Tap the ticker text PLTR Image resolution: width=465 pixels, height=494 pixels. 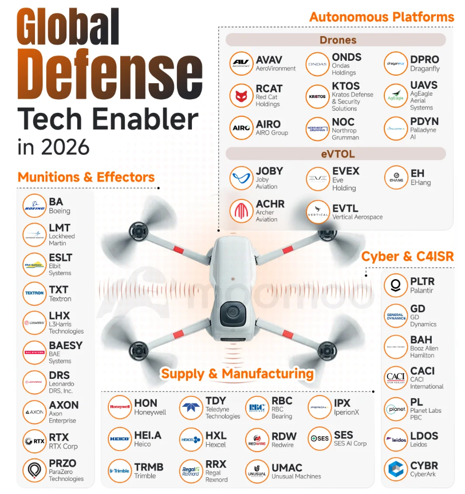point(422,281)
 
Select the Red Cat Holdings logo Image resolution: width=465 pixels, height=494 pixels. point(241,96)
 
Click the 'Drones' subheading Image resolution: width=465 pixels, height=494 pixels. point(338,40)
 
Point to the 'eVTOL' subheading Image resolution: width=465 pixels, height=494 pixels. point(337,154)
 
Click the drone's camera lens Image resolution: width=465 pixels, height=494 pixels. point(233,313)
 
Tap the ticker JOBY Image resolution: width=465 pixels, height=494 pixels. point(269,171)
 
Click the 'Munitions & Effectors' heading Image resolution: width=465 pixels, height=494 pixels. point(86,177)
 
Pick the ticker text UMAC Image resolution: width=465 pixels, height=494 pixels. point(287,468)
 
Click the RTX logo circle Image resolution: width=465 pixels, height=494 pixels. point(34,441)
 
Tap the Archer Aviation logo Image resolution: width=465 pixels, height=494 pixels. point(241,211)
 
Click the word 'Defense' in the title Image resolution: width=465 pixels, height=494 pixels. point(108,75)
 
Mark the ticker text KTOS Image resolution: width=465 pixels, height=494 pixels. point(346,86)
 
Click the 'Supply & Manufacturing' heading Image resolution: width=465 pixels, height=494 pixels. point(237,374)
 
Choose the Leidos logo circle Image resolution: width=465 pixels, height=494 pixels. point(395,440)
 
